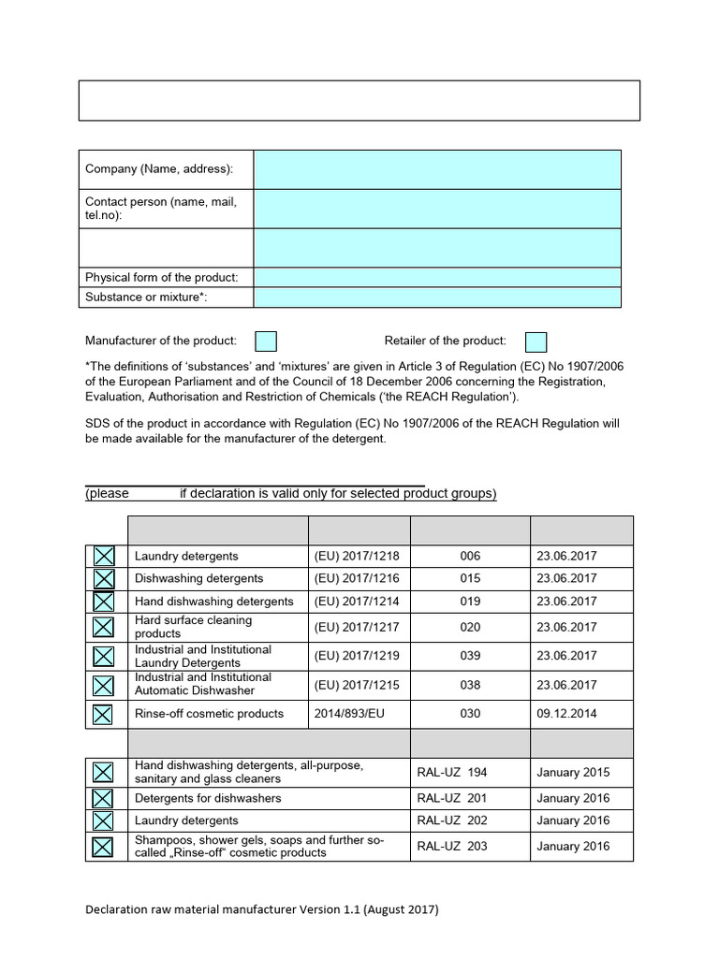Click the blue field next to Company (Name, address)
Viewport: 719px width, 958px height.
tap(436, 168)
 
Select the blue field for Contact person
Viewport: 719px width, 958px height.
tap(436, 209)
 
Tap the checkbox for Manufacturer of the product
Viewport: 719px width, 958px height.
tap(266, 341)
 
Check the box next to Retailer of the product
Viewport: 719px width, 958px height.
tap(536, 341)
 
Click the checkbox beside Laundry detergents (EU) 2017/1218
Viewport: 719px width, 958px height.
tap(103, 556)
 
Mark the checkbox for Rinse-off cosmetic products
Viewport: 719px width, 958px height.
tap(103, 714)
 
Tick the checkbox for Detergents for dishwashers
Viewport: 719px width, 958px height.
tap(103, 798)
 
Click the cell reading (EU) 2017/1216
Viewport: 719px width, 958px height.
tap(359, 578)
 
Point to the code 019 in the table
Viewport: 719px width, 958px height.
tap(470, 602)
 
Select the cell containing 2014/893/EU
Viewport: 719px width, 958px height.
tap(359, 714)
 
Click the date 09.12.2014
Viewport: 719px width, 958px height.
tap(566, 714)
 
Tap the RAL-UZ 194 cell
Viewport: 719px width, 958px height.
tap(452, 773)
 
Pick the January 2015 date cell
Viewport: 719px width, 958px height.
tap(573, 773)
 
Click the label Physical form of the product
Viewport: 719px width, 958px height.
tap(161, 278)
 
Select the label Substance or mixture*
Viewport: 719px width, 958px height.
tap(146, 298)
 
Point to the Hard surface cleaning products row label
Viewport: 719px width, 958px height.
tap(193, 627)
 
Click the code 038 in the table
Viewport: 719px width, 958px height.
tap(470, 685)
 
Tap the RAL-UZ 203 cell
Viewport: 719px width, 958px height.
tap(452, 847)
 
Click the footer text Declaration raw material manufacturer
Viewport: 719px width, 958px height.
tap(261, 909)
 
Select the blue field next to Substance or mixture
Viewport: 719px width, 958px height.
tap(436, 298)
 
